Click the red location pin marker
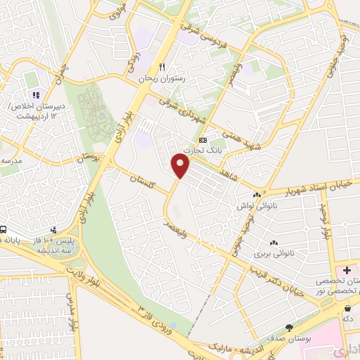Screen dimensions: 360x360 click(181, 166)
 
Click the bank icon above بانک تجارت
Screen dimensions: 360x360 click(203, 139)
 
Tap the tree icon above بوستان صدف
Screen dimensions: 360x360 click(289, 328)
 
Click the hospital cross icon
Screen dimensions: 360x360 click(347, 271)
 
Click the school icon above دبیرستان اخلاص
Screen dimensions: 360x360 click(34, 96)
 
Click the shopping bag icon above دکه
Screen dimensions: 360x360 click(348, 308)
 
